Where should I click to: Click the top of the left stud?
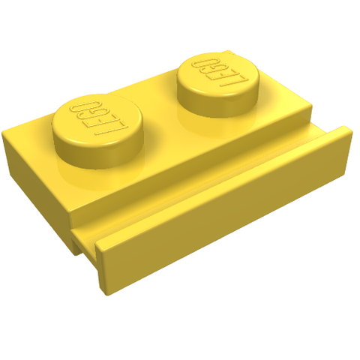[x=98, y=119]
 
